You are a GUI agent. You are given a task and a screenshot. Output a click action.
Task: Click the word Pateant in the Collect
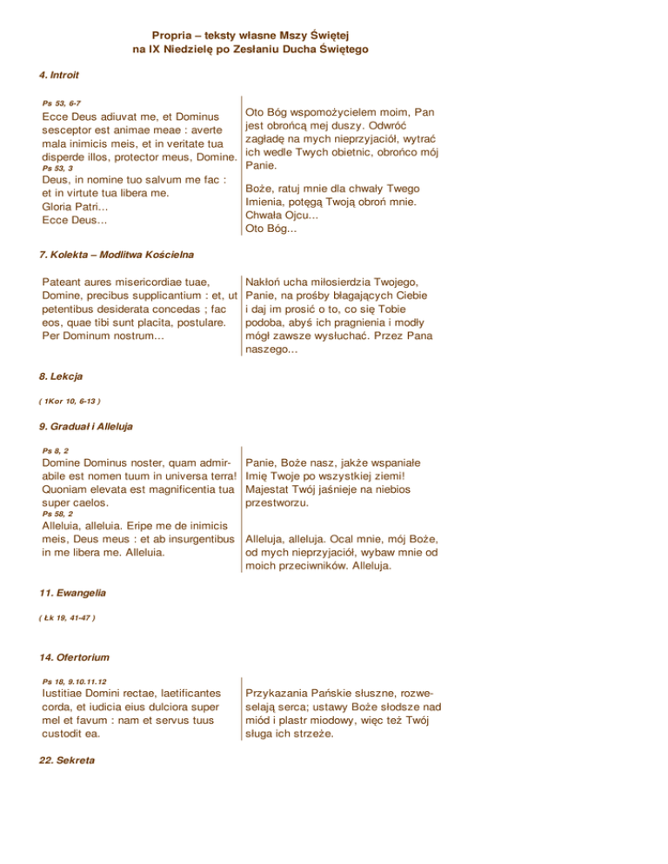coord(64,282)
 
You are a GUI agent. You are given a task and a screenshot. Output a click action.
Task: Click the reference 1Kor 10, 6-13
coord(70,401)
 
